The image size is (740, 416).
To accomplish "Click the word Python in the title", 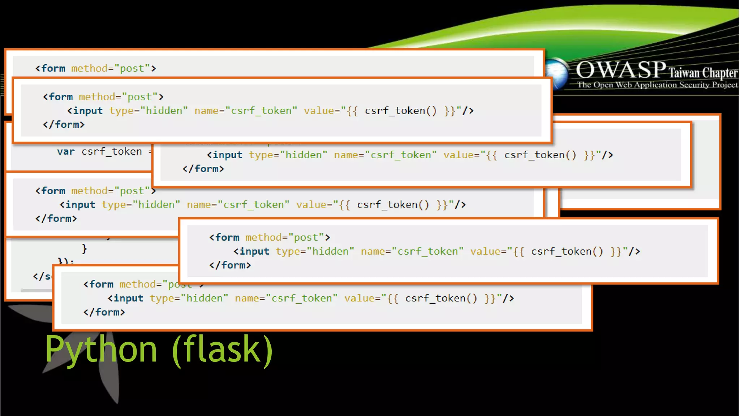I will tap(101, 350).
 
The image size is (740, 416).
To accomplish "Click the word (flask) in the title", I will tap(223, 350).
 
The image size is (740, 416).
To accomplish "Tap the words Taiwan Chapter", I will tap(702, 73).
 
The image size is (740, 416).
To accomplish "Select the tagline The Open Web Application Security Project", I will tap(657, 85).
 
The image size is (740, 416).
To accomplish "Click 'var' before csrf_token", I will tap(65, 152).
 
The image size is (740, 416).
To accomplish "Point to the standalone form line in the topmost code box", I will tap(95, 68).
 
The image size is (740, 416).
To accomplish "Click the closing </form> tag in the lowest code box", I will tap(104, 312).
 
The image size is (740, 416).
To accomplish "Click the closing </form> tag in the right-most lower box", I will tap(230, 265).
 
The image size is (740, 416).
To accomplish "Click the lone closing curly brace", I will tap(84, 248).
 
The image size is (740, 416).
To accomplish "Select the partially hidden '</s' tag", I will tap(42, 277).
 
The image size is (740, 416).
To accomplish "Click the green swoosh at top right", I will tap(578, 29).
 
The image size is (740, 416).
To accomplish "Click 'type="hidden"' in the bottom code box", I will tap(189, 298).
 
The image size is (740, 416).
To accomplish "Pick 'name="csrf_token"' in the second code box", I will tap(246, 111).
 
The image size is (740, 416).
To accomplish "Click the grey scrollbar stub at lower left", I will tap(36, 290).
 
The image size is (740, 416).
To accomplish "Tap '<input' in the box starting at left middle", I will tap(77, 205).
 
